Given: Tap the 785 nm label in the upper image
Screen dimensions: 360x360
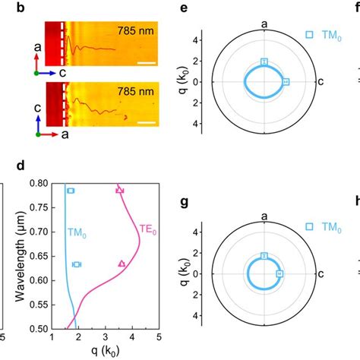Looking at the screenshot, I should (x=134, y=32).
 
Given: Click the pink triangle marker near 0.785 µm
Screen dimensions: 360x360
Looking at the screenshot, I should (x=119, y=190).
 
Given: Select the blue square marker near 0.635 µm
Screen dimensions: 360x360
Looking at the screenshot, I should (x=76, y=264).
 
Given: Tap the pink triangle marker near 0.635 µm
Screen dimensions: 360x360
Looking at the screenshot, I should (x=122, y=264).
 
